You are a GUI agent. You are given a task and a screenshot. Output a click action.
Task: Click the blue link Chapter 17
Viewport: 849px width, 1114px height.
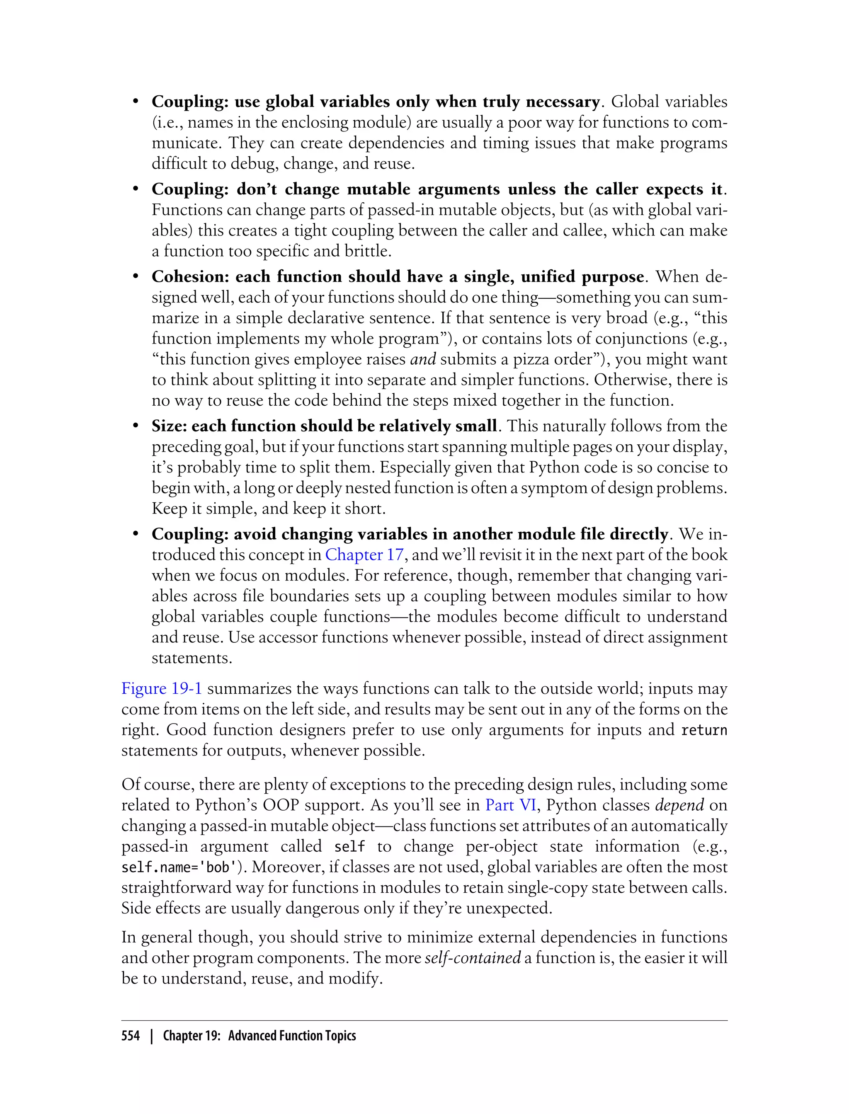click(x=364, y=555)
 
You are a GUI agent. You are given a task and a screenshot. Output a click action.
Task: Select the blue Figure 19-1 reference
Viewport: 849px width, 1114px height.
click(x=162, y=689)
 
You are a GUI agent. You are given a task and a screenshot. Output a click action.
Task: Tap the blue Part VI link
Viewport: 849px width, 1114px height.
click(x=510, y=805)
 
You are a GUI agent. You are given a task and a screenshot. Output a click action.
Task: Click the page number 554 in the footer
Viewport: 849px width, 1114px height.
click(x=131, y=1036)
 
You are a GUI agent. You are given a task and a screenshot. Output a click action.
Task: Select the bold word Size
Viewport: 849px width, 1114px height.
click(x=169, y=426)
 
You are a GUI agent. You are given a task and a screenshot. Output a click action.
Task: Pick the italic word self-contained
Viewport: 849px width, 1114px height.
click(x=473, y=958)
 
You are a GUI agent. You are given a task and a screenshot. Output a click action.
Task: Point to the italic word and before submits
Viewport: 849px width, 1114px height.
click(x=423, y=359)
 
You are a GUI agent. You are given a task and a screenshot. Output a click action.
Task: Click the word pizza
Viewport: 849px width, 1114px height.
click(x=531, y=359)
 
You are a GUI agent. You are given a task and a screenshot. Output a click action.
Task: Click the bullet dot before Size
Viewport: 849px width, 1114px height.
click(x=136, y=426)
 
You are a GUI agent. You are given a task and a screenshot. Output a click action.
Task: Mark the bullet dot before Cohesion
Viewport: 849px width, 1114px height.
click(x=136, y=277)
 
